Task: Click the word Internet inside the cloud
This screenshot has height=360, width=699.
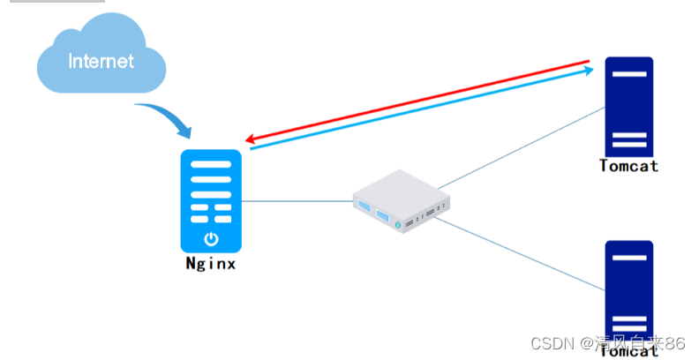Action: (101, 61)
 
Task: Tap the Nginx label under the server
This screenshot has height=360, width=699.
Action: (211, 263)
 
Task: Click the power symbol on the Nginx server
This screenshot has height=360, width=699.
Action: (211, 238)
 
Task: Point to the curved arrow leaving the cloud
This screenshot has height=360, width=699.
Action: (168, 118)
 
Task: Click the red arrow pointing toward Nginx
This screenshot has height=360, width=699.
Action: (415, 101)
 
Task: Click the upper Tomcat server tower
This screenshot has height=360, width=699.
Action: (628, 106)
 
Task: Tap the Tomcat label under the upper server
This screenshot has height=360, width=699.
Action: (628, 166)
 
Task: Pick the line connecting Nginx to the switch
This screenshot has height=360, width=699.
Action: (296, 201)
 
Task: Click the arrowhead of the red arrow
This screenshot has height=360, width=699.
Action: (251, 139)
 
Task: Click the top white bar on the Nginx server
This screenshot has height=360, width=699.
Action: (211, 164)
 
